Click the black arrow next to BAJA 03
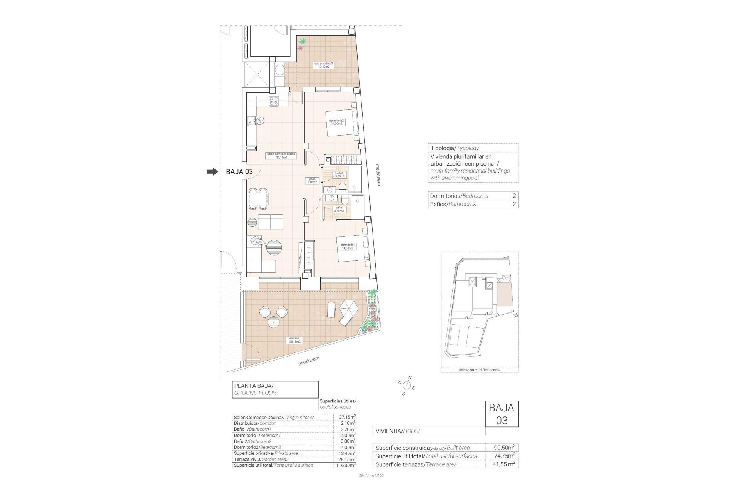tap(212, 172)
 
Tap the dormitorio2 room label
tap(336, 122)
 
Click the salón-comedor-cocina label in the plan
tap(281, 156)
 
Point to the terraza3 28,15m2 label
tap(294, 340)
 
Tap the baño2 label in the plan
tap(339, 175)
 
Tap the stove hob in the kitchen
tap(274, 101)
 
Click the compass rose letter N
tap(410, 377)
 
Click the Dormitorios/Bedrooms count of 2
tap(514, 196)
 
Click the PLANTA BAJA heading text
tap(254, 386)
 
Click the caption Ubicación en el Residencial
tap(479, 370)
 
